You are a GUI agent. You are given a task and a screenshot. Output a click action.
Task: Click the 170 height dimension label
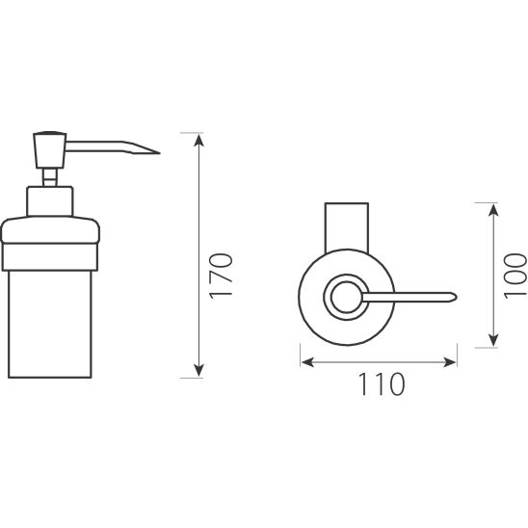[221, 276]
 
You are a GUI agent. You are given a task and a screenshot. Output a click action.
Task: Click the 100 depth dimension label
[515, 276]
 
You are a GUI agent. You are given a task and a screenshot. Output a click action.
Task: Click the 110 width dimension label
[382, 384]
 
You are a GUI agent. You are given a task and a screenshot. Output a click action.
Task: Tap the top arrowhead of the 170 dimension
[199, 140]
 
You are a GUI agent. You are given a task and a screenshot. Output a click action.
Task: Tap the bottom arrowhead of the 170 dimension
[199, 370]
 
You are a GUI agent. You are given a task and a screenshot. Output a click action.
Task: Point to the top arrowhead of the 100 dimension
[493, 210]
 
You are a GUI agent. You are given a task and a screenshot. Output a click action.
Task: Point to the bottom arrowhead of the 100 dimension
[493, 340]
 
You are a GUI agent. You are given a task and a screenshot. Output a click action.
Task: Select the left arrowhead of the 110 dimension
[307, 362]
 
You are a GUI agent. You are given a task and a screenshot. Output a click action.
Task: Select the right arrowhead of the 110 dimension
[449, 362]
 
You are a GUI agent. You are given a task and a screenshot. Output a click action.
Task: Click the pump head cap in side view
[50, 150]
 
